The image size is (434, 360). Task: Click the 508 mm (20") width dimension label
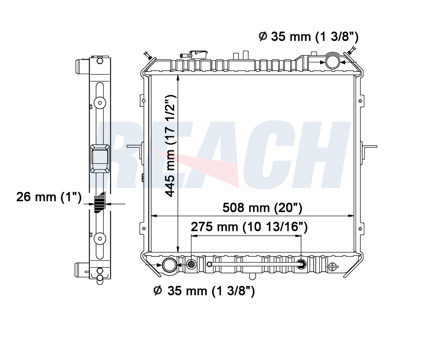click(x=262, y=208)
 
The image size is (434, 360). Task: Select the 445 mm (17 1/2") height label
click(x=170, y=146)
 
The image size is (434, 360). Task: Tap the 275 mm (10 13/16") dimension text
click(x=249, y=227)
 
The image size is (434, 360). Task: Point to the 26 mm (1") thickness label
click(x=49, y=197)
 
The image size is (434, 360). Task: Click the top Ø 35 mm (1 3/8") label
click(x=309, y=36)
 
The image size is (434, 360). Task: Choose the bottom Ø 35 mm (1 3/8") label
click(x=204, y=291)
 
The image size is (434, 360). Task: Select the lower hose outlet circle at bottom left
click(x=169, y=265)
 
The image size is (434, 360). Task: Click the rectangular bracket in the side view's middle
click(x=100, y=159)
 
